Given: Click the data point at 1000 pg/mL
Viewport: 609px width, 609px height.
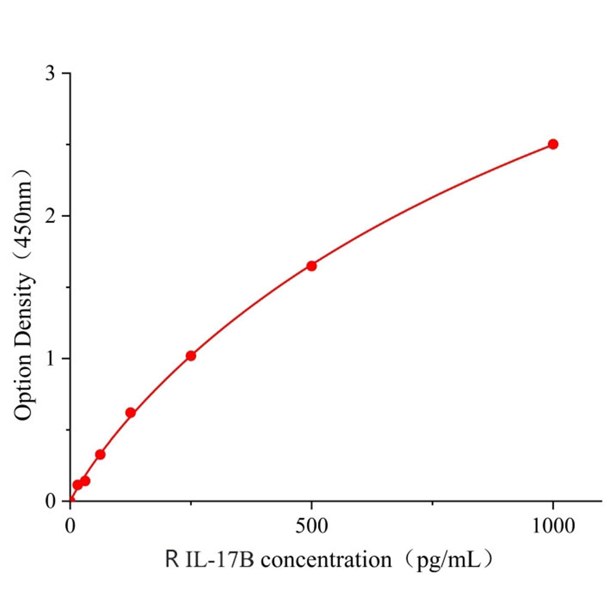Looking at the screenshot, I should pos(553,144).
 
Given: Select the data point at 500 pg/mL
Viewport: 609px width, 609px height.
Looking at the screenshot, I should pos(311,266).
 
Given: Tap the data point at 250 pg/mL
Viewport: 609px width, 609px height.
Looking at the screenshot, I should pos(191,356).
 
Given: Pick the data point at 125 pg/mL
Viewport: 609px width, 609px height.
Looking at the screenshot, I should pos(130,413).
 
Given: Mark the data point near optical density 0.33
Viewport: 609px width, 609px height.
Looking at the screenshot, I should pos(100,454).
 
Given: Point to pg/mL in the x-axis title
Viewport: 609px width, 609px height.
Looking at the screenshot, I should pos(447,558).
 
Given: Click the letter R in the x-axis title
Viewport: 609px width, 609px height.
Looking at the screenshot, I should pos(171,558).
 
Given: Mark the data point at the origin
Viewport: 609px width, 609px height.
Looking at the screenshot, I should pos(71,501).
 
